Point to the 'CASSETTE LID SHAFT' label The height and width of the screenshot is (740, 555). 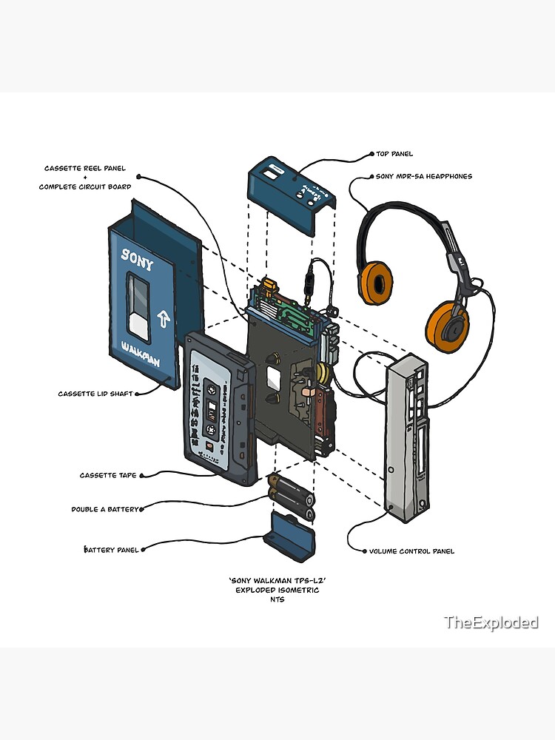95,394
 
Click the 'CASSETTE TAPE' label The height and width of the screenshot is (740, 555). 108,475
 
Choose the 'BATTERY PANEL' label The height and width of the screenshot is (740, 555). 110,550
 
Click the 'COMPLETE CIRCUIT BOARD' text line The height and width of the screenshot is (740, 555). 85,186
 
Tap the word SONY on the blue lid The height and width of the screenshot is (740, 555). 138,258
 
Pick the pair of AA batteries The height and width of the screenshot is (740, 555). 292,499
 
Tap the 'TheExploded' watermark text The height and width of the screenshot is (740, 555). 491,622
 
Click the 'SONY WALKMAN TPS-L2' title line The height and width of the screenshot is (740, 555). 277,580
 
